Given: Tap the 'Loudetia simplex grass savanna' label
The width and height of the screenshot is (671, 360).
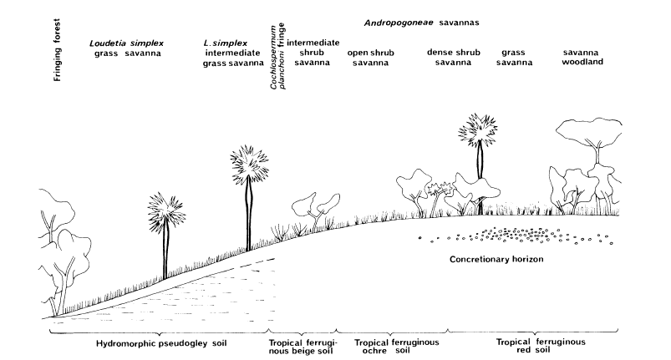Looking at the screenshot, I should pos(128,48).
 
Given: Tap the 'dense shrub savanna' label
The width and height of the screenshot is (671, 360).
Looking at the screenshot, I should pos(450,58).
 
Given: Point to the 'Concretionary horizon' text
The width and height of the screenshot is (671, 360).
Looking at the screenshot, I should pos(496,260).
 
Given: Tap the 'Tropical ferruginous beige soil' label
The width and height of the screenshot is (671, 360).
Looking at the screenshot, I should pos(302,347).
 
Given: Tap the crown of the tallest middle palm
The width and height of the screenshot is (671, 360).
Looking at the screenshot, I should pos(248,165).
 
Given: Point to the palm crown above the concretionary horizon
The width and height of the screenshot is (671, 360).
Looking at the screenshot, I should pos(481,132).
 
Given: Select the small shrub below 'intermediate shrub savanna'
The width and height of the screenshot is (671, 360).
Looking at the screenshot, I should pos(316,207).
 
